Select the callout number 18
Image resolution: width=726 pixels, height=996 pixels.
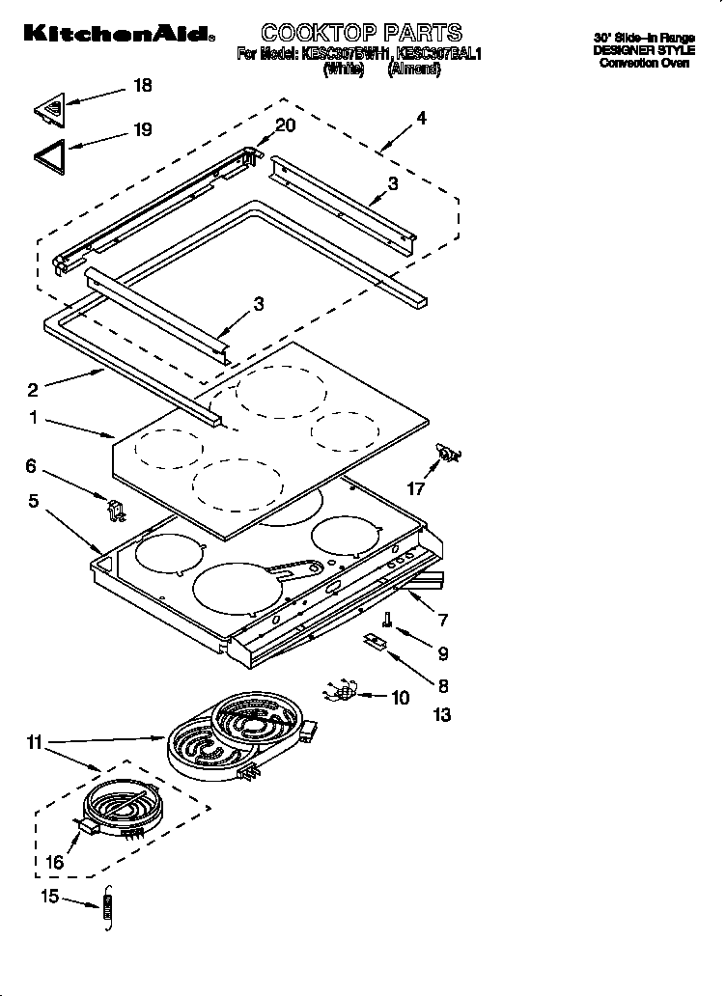click(x=142, y=86)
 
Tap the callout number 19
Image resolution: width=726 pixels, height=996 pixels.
click(x=142, y=129)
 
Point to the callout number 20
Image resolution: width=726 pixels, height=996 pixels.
click(x=285, y=124)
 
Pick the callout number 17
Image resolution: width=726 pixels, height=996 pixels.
click(x=415, y=489)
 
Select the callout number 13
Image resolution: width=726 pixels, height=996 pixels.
click(x=442, y=715)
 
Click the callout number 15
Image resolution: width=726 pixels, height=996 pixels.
click(x=49, y=898)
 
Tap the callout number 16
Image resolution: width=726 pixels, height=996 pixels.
click(x=54, y=861)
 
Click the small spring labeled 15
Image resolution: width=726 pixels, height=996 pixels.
click(x=108, y=909)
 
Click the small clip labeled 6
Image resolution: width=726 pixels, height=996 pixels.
click(x=115, y=508)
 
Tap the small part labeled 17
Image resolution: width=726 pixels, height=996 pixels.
click(x=449, y=453)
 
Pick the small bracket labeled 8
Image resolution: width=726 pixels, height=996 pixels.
click(x=376, y=642)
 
